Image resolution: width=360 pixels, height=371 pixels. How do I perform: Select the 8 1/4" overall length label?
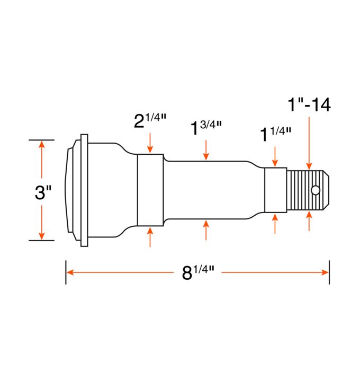click(196, 273)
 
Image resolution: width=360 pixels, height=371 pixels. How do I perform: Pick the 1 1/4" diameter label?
click(274, 135)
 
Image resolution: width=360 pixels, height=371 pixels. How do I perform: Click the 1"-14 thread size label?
click(309, 104)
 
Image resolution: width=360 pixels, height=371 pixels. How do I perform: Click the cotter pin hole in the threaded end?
click(316, 190)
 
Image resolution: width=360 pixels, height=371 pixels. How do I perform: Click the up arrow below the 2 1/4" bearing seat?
click(150, 237)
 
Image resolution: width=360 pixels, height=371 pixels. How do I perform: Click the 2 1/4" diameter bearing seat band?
click(150, 190)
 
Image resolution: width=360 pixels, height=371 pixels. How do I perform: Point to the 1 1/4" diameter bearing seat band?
click(275, 190)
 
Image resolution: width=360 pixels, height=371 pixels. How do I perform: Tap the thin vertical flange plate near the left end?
click(84, 190)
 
